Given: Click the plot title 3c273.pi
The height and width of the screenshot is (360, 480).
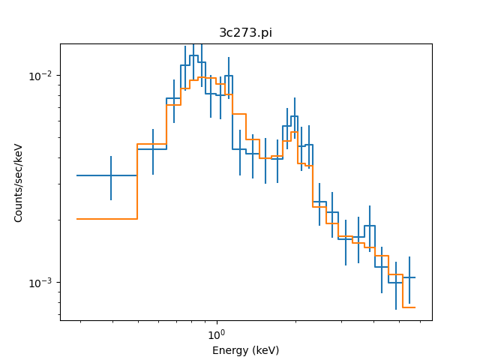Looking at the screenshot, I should [x=245, y=33].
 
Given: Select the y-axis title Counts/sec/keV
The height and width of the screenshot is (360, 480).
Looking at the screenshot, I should [x=19, y=182].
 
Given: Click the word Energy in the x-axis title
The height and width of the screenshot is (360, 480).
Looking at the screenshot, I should [x=229, y=350].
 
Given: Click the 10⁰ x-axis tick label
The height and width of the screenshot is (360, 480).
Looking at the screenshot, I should [x=216, y=334].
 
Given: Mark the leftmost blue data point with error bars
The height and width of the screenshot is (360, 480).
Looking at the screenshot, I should [x=111, y=175].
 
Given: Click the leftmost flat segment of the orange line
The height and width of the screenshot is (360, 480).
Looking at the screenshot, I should [x=106, y=219].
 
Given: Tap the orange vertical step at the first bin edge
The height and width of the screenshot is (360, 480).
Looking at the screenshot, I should [x=137, y=181].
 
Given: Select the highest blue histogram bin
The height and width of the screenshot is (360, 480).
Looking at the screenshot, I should [x=193, y=55].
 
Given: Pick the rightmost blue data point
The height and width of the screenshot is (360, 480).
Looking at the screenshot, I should [x=409, y=277].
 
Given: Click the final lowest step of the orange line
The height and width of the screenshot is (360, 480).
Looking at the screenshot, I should [x=409, y=307].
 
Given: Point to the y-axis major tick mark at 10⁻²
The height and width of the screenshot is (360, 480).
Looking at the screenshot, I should [x=61, y=76].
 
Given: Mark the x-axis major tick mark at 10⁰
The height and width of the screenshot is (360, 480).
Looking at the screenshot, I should [x=216, y=321].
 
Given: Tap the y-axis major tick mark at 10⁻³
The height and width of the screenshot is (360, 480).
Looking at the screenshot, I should [x=61, y=283].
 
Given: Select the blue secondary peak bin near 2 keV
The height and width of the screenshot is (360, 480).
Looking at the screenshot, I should [x=294, y=116].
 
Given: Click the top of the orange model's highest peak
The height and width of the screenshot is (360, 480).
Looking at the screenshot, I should [x=202, y=77].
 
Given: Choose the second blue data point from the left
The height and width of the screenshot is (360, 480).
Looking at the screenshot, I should [x=153, y=149].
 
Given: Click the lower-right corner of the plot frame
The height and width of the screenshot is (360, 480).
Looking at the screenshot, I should [x=432, y=321].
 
